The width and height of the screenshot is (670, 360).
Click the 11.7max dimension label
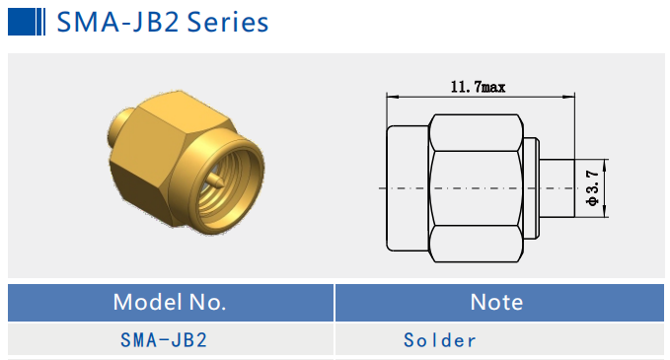478,87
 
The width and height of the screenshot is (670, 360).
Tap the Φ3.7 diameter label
593,188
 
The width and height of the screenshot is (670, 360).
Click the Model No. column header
170,302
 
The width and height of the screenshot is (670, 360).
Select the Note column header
496,303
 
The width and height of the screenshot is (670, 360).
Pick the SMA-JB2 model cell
164,340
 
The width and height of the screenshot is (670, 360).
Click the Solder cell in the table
440,340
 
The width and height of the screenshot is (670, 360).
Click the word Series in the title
228,22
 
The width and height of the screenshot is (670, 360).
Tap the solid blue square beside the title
22,22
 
